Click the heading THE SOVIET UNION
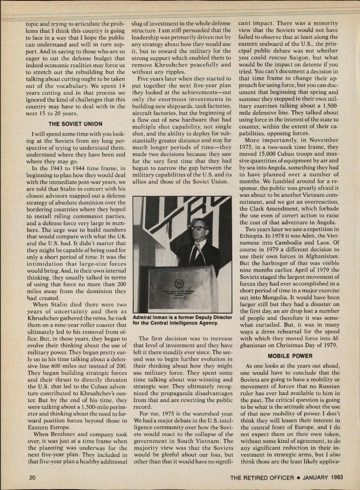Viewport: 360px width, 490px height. point(75,124)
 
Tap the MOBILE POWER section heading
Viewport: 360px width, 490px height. point(290,356)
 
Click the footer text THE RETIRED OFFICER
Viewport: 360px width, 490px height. point(262,477)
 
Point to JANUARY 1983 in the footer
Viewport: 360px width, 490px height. point(322,477)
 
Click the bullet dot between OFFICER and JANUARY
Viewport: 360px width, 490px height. point(298,478)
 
